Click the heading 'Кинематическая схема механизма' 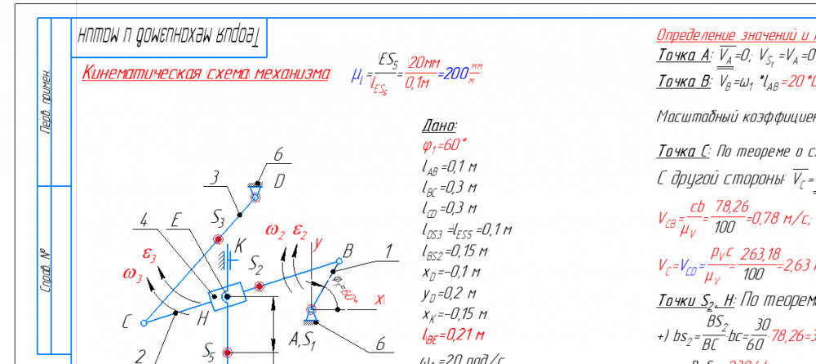[x=206, y=73]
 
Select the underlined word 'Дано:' [x=440, y=127]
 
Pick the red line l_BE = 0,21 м [x=450, y=335]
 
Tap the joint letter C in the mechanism [x=126, y=323]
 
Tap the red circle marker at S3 [x=218, y=239]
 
